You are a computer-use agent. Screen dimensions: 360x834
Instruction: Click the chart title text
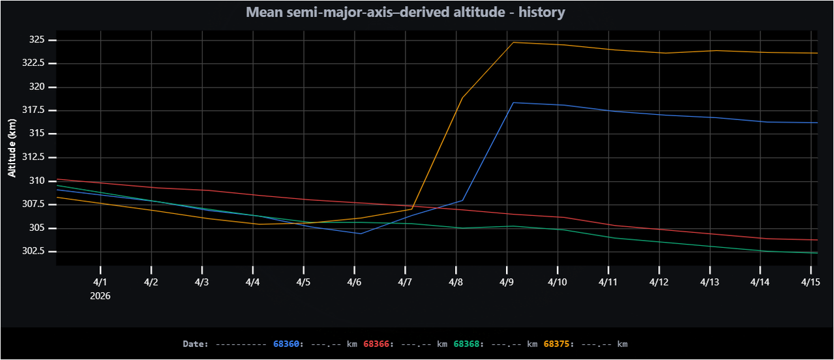coord(405,12)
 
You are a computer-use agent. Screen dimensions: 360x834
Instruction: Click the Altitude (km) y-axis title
coord(12,148)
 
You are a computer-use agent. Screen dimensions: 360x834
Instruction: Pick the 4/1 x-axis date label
coord(100,282)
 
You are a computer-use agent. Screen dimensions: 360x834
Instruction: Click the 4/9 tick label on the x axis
coord(506,282)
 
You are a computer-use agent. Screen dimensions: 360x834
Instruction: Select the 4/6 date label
coord(354,282)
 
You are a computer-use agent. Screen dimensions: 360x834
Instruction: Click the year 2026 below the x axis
coord(100,295)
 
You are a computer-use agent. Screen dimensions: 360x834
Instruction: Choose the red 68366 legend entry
coord(376,344)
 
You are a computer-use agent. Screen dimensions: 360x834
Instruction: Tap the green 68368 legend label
coord(466,344)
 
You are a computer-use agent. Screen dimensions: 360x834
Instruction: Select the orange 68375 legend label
coord(557,344)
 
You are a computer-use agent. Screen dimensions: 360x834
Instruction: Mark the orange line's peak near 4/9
coord(514,42)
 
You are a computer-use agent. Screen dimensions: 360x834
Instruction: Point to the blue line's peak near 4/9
coord(514,102)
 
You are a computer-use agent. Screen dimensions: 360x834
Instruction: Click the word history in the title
coord(541,12)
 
